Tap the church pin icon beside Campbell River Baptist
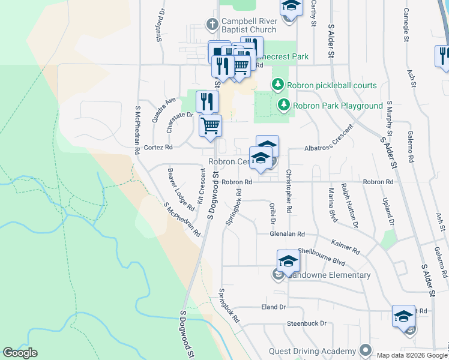[211, 24]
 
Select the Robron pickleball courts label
[331, 85]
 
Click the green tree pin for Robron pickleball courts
[278, 85]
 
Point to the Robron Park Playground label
[338, 106]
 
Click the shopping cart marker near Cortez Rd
[211, 126]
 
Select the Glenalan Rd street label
[288, 234]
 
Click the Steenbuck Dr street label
[306, 323]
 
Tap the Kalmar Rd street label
[345, 245]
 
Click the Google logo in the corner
[20, 353]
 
